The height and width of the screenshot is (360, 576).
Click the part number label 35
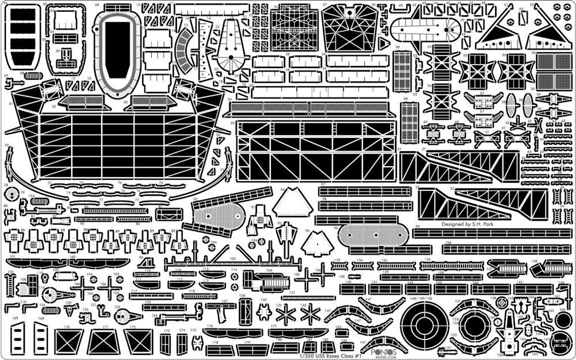pyautogui.click(x=232, y=122)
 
